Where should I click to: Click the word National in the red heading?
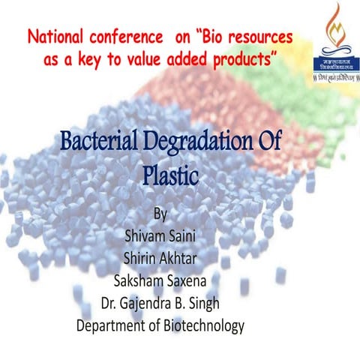click(x=54, y=37)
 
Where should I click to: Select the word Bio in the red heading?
click(x=205, y=37)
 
